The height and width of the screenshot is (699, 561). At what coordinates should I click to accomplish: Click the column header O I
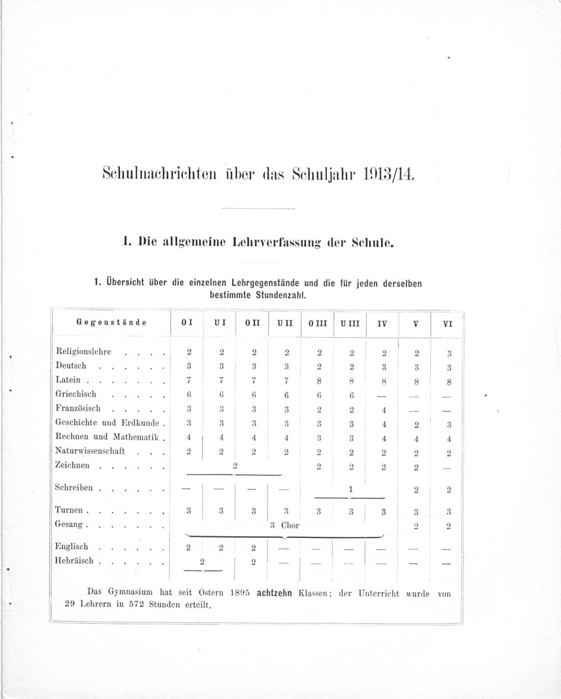(x=187, y=324)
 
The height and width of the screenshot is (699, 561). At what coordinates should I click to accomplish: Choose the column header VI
(x=447, y=324)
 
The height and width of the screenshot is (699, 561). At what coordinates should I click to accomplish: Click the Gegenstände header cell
(x=111, y=323)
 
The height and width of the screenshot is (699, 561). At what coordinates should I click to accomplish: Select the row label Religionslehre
(x=84, y=352)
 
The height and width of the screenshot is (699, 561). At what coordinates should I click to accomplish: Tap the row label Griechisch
(x=76, y=394)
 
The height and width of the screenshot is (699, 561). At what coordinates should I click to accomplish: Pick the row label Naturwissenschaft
(x=90, y=451)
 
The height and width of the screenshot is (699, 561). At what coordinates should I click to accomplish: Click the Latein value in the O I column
(x=189, y=381)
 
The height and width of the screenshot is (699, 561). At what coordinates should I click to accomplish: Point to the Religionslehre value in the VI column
(x=449, y=354)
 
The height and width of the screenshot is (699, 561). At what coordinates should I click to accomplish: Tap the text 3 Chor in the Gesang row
(x=284, y=526)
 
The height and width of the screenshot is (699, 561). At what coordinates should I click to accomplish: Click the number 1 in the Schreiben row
(x=351, y=489)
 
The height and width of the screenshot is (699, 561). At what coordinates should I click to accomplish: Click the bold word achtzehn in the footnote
(x=274, y=593)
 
